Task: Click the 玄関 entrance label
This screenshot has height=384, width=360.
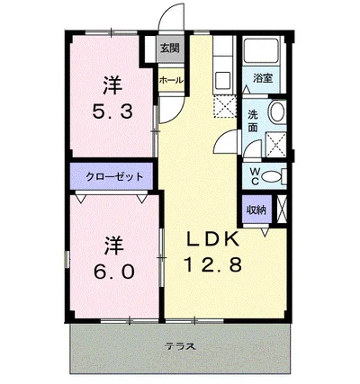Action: [169, 49]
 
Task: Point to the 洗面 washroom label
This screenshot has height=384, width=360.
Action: [255, 121]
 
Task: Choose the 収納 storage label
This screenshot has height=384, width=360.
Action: [256, 210]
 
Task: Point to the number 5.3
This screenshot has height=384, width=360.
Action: [112, 113]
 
